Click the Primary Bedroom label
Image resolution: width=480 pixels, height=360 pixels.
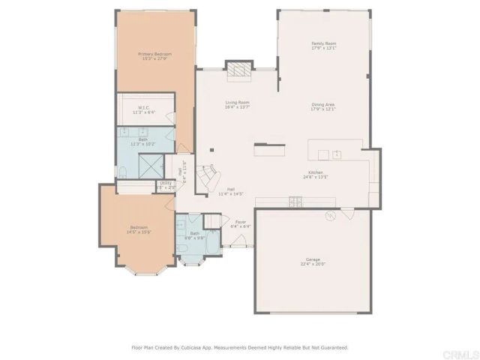pos(154,54)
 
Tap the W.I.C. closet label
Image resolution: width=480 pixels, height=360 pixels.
pos(143,109)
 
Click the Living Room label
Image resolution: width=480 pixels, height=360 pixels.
pos(237,103)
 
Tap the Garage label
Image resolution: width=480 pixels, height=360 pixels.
pos(314,260)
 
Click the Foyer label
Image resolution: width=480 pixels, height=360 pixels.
pos(241,222)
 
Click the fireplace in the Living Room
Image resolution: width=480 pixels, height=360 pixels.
pos(239,70)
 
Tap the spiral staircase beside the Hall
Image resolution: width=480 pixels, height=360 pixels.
pos(206,176)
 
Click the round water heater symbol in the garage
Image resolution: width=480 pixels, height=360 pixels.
pos(329,216)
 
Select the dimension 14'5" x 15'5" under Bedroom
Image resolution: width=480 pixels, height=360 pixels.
pos(139,232)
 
